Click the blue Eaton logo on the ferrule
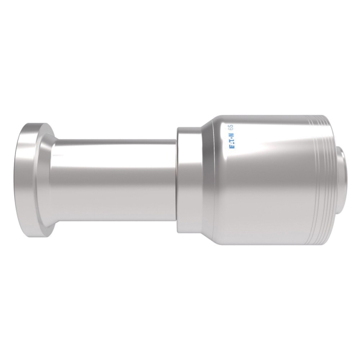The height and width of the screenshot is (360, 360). (x=231, y=140)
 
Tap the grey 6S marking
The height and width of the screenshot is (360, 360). (x=231, y=127)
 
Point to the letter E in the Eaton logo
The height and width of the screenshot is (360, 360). (x=231, y=147)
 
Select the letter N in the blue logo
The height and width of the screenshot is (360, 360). (x=231, y=135)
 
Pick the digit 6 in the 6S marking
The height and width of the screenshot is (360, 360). (x=231, y=129)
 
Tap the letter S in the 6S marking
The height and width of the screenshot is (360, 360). (x=231, y=126)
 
